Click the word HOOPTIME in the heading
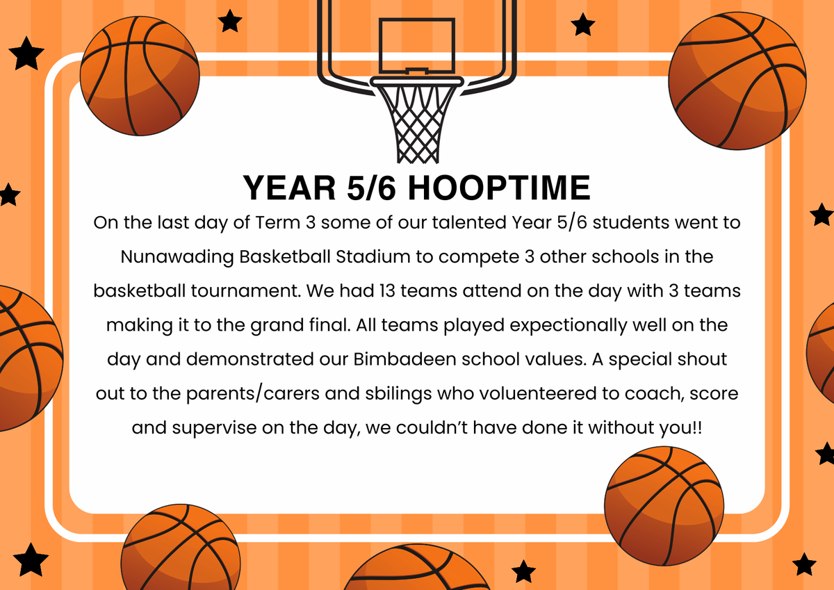499,188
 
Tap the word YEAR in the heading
289,188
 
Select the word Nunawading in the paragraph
177,257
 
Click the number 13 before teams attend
387,290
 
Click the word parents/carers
253,394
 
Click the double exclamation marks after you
698,427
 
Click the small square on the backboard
416,46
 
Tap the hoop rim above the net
416,81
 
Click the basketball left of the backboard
140,76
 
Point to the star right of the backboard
582,24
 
